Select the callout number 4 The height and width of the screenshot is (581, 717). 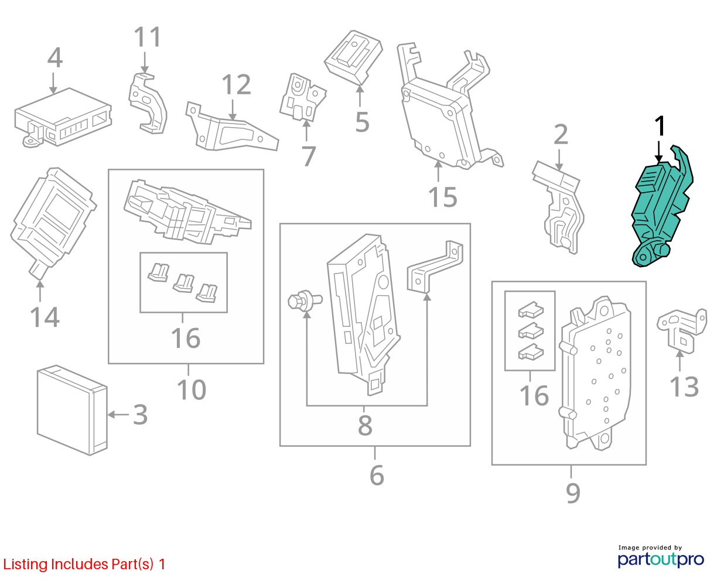click(54, 59)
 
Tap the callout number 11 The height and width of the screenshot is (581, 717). click(147, 37)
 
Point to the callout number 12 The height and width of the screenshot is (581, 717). click(236, 86)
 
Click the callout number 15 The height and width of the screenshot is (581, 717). click(442, 197)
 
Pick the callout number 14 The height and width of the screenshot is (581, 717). click(45, 317)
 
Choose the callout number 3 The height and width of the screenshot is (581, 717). click(140, 415)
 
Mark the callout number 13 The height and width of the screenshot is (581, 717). click(684, 387)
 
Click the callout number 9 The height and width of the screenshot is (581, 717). click(573, 493)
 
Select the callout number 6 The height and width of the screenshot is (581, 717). click(377, 475)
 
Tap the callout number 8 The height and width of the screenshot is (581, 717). click(365, 426)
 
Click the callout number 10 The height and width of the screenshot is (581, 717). click(191, 389)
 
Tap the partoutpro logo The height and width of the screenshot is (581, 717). click(661, 558)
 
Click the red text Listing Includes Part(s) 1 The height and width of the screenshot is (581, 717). click(84, 564)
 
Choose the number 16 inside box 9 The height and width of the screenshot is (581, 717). click(534, 395)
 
